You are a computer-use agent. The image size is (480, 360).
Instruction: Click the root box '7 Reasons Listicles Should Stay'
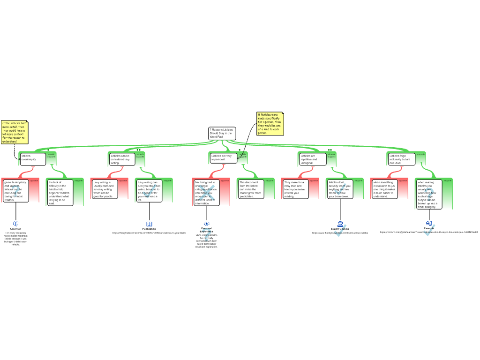pyautogui.click(x=222, y=133)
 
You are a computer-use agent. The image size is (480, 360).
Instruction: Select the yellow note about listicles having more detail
pyautogui.click(x=15, y=132)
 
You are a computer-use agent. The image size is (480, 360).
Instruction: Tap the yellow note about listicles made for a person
pyautogui.click(x=270, y=123)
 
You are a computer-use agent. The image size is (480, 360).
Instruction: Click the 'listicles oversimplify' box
pyautogui.click(x=33, y=159)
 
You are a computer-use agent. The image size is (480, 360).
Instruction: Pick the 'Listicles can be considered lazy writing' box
pyautogui.click(x=122, y=159)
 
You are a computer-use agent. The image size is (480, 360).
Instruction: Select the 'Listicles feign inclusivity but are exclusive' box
pyautogui.click(x=401, y=159)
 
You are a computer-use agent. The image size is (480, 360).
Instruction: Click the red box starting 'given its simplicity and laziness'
pyautogui.click(x=16, y=191)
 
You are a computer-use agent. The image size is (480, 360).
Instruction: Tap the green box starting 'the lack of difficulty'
pyautogui.click(x=59, y=193)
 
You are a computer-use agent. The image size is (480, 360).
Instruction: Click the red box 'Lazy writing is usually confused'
pyautogui.click(x=104, y=189)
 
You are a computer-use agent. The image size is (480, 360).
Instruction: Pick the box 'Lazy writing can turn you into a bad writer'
pyautogui.click(x=149, y=191)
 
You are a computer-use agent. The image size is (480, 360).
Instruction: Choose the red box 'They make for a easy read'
pyautogui.click(x=295, y=189)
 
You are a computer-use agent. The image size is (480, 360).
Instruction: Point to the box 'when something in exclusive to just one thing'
pyautogui.click(x=384, y=189)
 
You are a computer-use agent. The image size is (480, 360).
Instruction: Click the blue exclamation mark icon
pyautogui.click(x=16, y=224)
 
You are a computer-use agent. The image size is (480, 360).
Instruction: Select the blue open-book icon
pyautogui.click(x=149, y=224)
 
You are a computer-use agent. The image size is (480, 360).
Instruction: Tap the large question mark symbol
pyautogui.click(x=207, y=235)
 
